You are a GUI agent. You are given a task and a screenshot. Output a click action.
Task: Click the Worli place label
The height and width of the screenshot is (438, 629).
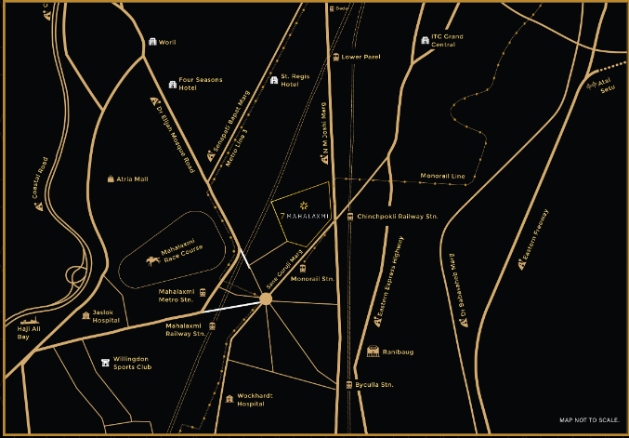[x=168, y=43]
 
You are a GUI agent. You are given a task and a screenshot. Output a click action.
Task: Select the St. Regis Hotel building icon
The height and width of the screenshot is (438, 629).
[x=274, y=80]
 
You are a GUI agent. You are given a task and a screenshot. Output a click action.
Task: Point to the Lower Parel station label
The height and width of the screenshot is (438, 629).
[x=361, y=57]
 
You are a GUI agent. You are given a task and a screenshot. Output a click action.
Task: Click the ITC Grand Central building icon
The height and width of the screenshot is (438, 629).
[x=425, y=40]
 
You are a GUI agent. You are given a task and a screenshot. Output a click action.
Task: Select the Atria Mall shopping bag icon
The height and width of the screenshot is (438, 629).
[x=110, y=179]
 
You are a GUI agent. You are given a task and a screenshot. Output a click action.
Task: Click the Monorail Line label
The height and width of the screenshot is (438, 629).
[x=443, y=176]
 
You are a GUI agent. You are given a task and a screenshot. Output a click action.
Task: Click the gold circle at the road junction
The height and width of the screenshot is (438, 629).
[x=266, y=299]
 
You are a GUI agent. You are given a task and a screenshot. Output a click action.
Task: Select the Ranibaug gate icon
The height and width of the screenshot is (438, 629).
[x=373, y=352]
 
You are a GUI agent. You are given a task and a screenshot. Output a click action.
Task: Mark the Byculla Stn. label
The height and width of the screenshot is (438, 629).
[x=375, y=384]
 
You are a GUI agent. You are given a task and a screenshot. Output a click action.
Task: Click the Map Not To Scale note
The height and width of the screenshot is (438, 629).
[x=589, y=419]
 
